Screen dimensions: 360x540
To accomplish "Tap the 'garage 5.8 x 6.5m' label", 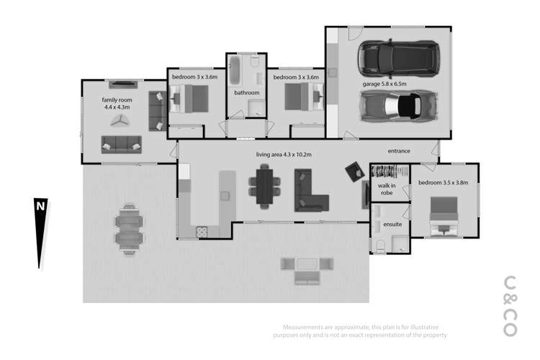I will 384,84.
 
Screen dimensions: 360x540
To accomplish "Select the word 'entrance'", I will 399,151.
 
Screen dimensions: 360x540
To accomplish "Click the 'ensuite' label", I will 392,225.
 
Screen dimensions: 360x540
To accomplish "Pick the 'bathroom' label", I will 246,93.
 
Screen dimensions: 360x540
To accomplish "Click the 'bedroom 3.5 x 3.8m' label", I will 443,183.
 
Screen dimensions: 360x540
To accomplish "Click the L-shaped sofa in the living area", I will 311,190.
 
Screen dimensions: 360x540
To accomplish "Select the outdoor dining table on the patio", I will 129,228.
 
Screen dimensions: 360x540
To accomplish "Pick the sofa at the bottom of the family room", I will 120,143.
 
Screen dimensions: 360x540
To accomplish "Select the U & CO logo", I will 510,305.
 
